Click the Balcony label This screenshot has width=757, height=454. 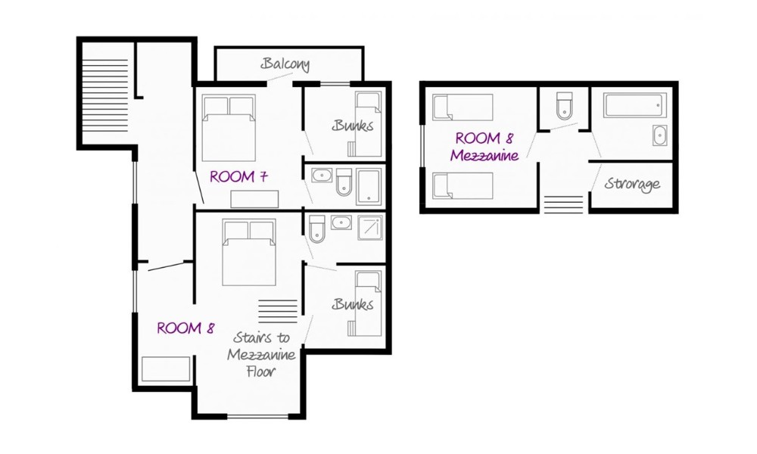point(285,64)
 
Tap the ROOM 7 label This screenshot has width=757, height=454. point(238,176)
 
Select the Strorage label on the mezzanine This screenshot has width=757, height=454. point(632,184)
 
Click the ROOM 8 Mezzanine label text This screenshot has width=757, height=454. point(484,147)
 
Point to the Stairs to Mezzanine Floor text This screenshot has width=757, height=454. point(261,354)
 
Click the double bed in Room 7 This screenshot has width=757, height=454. point(229,128)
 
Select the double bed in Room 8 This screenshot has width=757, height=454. point(248,252)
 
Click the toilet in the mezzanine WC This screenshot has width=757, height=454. point(564,106)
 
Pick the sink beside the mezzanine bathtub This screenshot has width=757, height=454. point(659,135)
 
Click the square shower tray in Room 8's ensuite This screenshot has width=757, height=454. point(370,229)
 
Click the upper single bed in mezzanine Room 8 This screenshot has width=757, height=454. point(463,107)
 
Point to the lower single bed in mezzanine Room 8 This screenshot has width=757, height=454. point(463,185)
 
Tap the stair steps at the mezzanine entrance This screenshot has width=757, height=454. point(563,204)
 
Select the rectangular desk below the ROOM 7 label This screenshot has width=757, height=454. point(254,199)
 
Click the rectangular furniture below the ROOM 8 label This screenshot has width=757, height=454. point(166,369)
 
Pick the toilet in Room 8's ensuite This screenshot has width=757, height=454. point(316,229)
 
